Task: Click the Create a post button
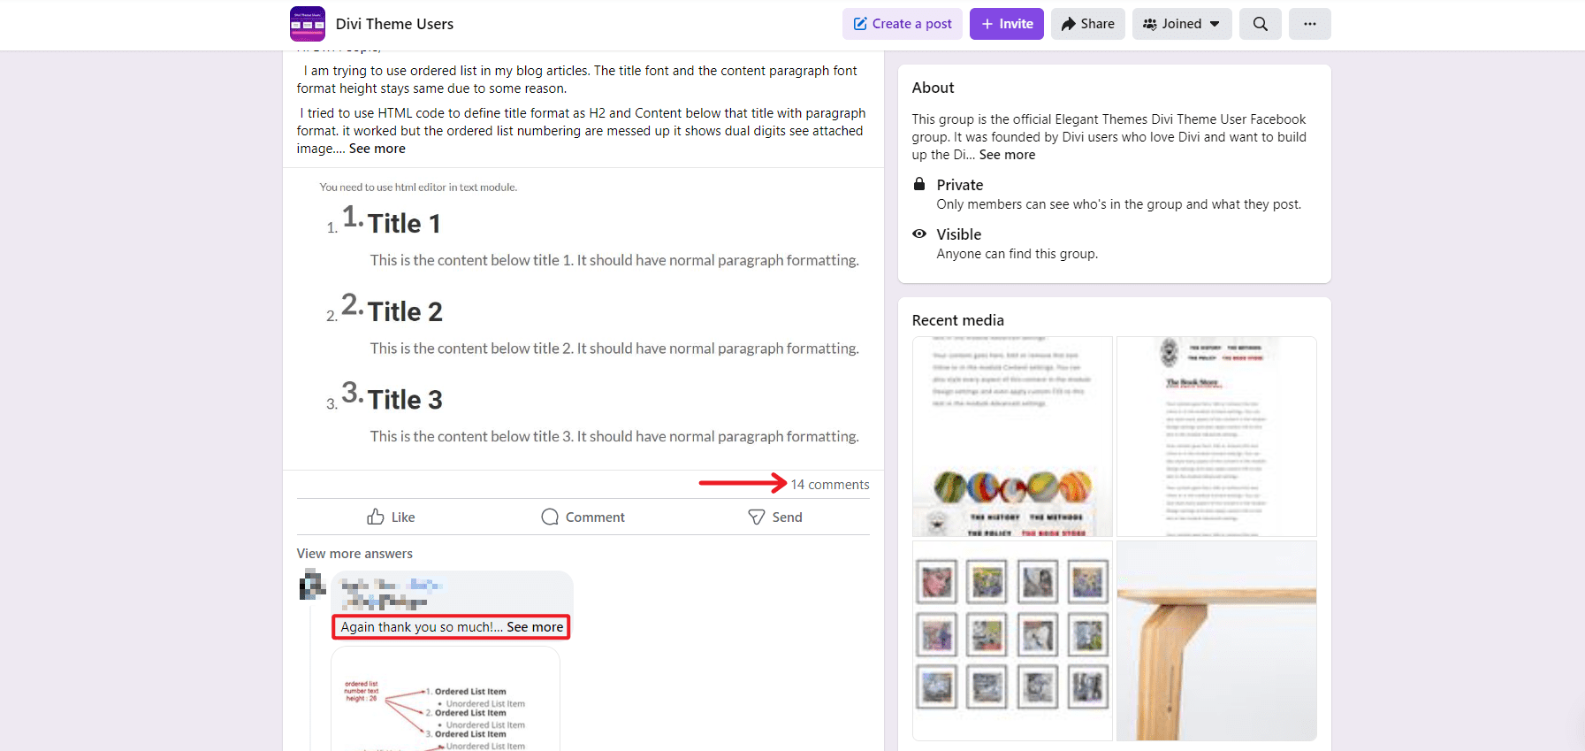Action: tap(903, 24)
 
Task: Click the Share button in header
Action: tap(1087, 24)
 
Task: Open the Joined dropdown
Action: tap(1181, 24)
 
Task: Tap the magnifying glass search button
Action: tap(1260, 24)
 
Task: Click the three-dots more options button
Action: tap(1309, 24)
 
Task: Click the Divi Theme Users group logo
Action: tap(307, 24)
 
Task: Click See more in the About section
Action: tap(1007, 155)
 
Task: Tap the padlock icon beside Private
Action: tap(919, 184)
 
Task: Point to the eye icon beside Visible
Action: tap(919, 234)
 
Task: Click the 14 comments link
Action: tap(829, 485)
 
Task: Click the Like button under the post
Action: tap(391, 517)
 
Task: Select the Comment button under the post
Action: tap(583, 517)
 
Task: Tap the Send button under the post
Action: tap(774, 517)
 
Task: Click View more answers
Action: tap(354, 554)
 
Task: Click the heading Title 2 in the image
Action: tap(405, 311)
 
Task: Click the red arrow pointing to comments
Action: tap(742, 483)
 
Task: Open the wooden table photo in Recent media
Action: tap(1216, 640)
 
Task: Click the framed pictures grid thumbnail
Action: tap(1012, 640)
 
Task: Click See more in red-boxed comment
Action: tap(535, 627)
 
